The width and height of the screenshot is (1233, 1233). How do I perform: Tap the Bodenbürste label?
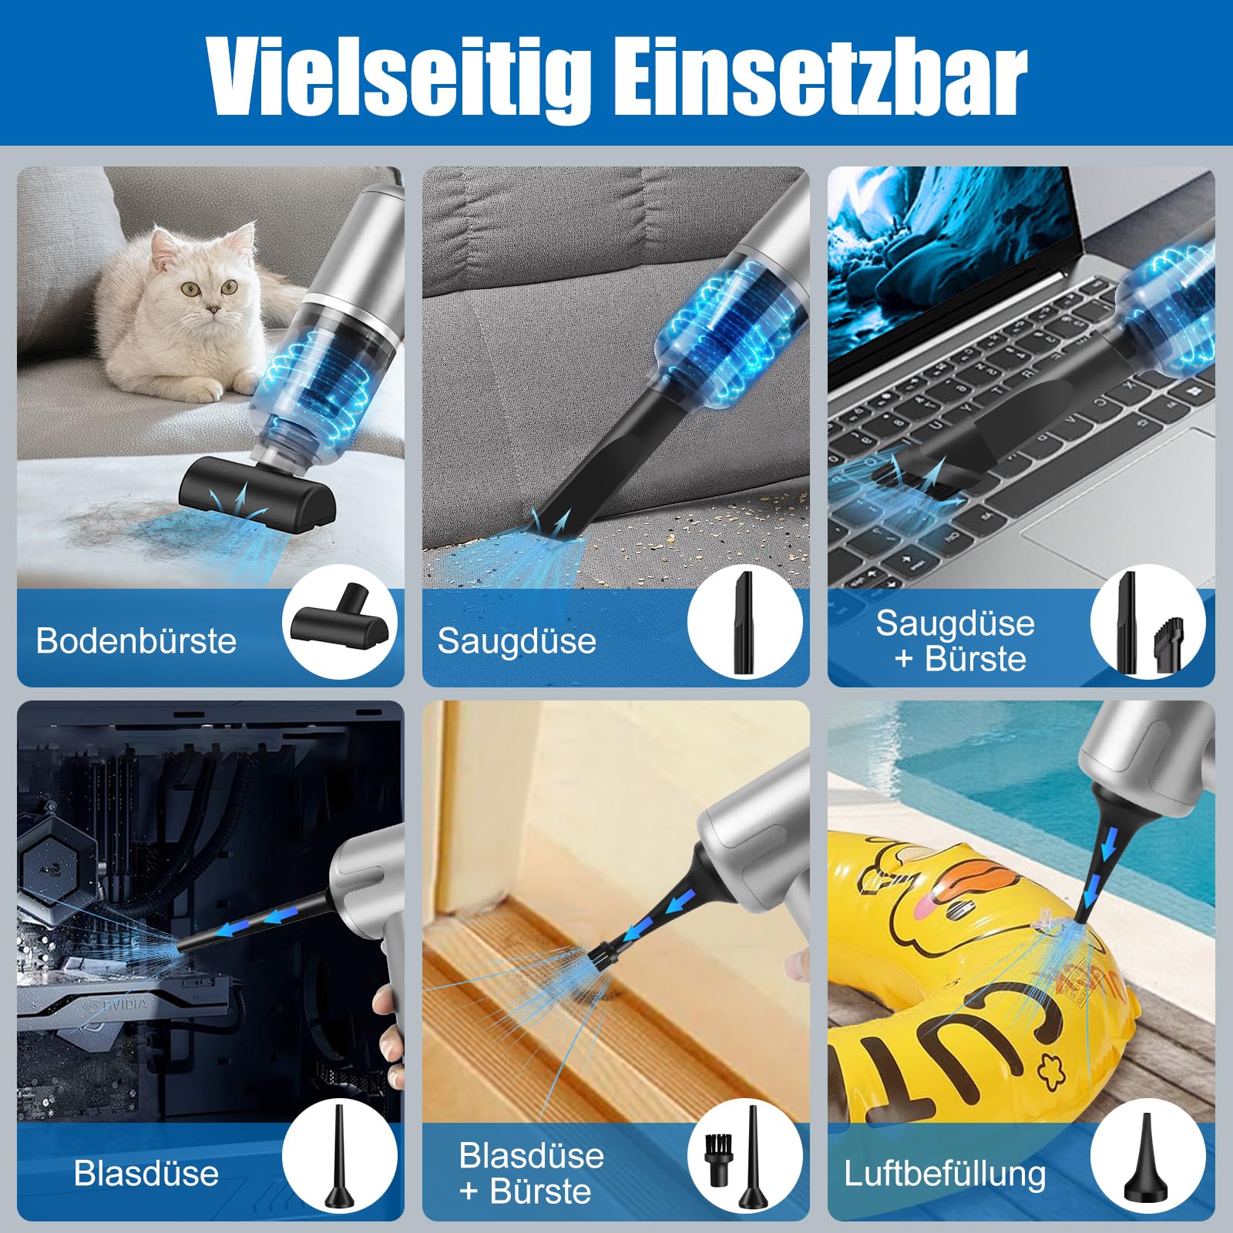pos(136,640)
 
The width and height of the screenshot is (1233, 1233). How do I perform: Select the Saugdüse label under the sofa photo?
pos(517,640)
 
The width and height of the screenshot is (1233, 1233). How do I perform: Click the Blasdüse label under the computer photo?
pos(146,1173)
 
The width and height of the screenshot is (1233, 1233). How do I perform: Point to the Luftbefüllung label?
pos(945,1174)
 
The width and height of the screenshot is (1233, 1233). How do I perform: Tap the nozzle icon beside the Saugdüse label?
pos(744,623)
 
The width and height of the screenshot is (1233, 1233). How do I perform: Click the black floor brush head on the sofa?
pos(258,501)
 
